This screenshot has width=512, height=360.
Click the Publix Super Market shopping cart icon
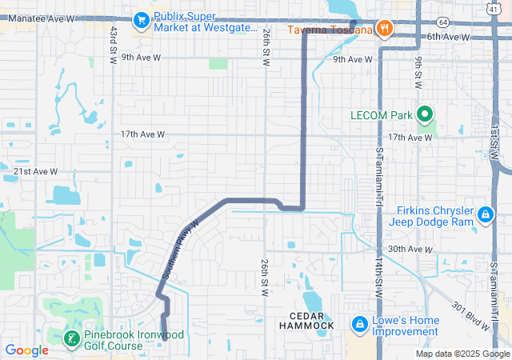coord(142,19)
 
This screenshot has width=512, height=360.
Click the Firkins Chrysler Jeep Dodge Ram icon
coord(485,215)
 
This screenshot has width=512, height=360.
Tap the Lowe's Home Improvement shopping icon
coord(358,326)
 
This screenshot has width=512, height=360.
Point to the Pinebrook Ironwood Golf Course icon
coord(71,339)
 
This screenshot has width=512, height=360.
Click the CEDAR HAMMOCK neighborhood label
coord(306,321)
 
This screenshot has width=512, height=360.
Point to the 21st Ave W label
coord(36,171)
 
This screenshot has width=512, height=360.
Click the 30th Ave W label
coord(410,250)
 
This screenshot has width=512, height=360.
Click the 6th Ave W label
coord(448,37)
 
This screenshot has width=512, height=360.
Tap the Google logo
coord(26,350)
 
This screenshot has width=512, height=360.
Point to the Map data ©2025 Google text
coord(462,354)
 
